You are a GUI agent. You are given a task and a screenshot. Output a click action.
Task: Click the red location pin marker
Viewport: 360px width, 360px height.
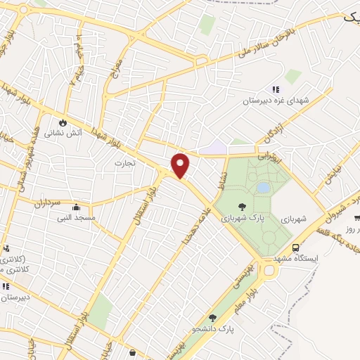click(x=181, y=165)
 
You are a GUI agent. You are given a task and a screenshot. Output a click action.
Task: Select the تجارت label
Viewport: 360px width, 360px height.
click(x=124, y=162)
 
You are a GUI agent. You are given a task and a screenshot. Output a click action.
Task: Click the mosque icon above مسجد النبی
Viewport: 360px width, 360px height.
click(x=76, y=207)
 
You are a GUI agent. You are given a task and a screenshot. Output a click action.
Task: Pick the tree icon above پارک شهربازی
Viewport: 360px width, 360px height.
click(x=242, y=207)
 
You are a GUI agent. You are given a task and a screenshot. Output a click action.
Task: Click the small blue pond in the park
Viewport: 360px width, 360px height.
click(x=262, y=188)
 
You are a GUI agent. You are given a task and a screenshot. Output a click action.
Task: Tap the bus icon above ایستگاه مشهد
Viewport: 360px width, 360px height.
click(x=295, y=247)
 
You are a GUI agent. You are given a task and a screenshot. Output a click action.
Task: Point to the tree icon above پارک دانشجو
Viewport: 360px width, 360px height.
click(x=212, y=318)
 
